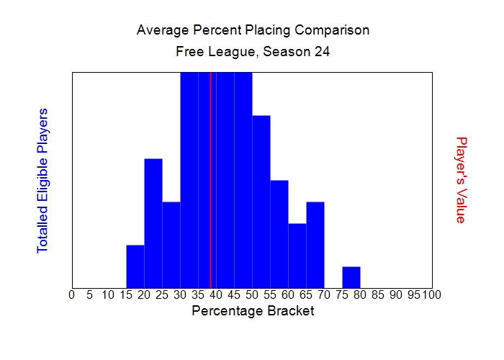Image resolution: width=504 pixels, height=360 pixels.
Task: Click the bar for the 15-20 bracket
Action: (135, 266)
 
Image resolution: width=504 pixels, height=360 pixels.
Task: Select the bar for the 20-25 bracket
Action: (153, 223)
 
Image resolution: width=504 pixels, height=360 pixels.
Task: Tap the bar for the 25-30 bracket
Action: (171, 245)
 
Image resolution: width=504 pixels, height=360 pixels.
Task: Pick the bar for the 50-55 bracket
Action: (261, 202)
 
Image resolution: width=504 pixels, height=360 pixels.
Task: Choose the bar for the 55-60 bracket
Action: (279, 234)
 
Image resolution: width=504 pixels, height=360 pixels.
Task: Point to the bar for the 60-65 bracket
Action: (297, 256)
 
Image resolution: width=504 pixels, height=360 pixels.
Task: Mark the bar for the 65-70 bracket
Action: (315, 245)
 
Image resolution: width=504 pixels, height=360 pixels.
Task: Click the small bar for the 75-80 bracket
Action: (351, 277)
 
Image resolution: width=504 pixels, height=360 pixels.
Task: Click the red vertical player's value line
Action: (210, 180)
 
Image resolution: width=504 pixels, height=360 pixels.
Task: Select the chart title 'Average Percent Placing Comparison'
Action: (253, 30)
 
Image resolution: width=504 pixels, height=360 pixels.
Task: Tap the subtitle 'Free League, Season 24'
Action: (253, 52)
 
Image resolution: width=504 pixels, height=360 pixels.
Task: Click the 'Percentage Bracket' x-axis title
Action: (253, 311)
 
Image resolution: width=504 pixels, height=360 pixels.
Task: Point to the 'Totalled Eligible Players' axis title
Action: (42, 180)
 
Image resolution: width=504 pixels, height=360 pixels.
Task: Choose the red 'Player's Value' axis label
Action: (462, 180)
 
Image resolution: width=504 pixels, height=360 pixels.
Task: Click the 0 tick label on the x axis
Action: (72, 294)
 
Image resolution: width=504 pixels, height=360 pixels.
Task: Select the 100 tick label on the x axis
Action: (431, 294)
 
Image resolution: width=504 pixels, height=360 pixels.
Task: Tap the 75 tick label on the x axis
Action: (342, 294)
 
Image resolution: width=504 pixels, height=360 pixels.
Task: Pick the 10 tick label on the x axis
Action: (108, 294)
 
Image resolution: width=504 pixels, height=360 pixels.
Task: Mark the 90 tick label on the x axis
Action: (396, 294)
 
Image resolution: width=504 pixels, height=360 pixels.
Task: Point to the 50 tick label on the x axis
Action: (252, 294)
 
